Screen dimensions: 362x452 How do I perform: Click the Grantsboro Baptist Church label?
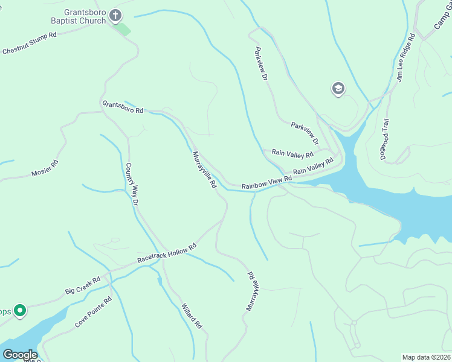click(85, 16)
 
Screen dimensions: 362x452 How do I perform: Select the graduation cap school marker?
click(338, 89)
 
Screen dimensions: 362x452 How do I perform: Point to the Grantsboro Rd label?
click(123, 107)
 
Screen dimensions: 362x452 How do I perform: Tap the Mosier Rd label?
click(45, 169)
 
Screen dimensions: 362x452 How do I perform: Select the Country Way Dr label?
click(132, 184)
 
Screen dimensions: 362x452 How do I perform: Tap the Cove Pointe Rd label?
click(94, 312)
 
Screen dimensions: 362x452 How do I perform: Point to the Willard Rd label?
click(191, 316)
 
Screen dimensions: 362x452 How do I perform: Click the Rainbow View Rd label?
click(266, 183)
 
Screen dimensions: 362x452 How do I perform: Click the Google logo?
click(20, 354)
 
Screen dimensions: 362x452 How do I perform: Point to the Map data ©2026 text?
click(427, 357)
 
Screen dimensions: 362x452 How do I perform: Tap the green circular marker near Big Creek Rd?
click(19, 311)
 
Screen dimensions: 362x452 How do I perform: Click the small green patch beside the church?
click(123, 29)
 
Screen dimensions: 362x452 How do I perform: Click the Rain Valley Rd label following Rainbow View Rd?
click(313, 168)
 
